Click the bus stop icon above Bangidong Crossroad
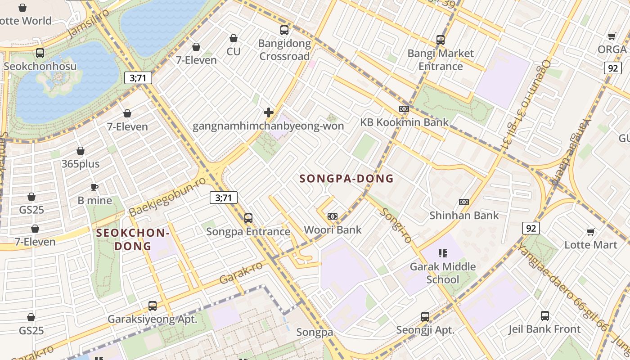284,30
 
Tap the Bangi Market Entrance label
441,60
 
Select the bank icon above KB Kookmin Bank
404,109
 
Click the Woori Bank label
333,230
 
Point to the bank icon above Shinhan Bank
463,202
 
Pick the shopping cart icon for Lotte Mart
591,232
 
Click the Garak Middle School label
442,273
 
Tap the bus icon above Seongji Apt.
425,316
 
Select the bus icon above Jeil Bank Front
545,316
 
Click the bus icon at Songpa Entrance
248,218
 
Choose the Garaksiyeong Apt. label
153,319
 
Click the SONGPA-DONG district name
346,179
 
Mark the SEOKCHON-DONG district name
133,239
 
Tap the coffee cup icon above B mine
94,187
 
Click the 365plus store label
81,164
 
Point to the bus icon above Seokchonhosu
40,53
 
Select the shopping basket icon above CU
234,38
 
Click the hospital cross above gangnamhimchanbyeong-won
269,112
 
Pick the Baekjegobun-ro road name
167,197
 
